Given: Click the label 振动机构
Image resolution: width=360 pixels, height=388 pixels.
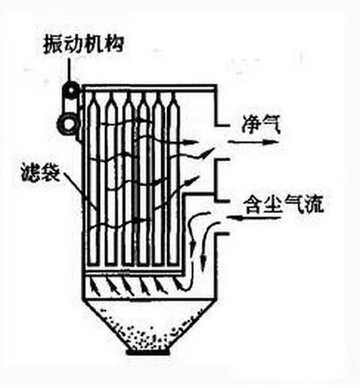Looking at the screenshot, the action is [83, 45].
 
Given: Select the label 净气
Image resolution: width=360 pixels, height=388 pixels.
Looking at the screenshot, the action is [261, 125].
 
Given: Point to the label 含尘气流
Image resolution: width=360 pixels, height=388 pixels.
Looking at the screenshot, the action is [283, 204].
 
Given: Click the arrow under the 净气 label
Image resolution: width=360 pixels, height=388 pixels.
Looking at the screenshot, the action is [253, 142].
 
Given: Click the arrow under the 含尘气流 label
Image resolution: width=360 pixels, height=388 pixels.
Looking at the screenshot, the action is [254, 218].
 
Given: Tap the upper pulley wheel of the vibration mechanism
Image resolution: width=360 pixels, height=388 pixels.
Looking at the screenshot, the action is [71, 89].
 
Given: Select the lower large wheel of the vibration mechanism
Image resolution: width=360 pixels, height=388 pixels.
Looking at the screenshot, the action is [68, 124].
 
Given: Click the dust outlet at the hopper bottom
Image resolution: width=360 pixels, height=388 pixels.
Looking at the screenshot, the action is [148, 352].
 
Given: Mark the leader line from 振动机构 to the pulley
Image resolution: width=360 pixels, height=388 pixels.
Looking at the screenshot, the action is [70, 70].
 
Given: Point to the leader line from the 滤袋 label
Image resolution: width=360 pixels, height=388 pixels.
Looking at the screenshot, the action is [72, 184].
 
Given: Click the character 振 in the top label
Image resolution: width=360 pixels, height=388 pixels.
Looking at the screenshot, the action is [53, 45].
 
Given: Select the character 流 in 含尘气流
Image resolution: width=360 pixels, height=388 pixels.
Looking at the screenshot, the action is [314, 204].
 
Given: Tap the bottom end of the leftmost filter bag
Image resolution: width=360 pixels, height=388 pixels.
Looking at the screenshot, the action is [94, 264].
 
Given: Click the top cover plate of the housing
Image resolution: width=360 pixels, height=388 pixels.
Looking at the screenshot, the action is [149, 88].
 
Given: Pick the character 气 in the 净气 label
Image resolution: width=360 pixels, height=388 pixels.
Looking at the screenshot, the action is [271, 125].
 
